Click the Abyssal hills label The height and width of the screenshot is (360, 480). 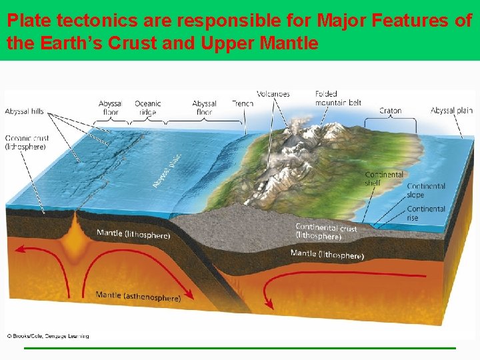(25, 111)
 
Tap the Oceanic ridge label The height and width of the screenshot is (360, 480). (147, 108)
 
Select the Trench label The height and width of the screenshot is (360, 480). (243, 104)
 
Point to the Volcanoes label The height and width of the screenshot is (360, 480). (273, 94)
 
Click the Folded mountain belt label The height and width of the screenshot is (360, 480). (338, 98)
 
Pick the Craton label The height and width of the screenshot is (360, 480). (390, 111)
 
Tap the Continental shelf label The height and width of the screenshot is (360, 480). (384, 179)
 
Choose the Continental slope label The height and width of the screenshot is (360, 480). (425, 191)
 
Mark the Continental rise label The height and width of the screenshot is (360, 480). (425, 213)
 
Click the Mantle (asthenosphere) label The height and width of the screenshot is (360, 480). (138, 296)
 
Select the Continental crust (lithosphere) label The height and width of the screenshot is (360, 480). (326, 231)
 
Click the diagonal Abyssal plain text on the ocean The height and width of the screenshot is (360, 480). (167, 167)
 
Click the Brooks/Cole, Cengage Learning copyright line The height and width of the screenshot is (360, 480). (48, 336)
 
